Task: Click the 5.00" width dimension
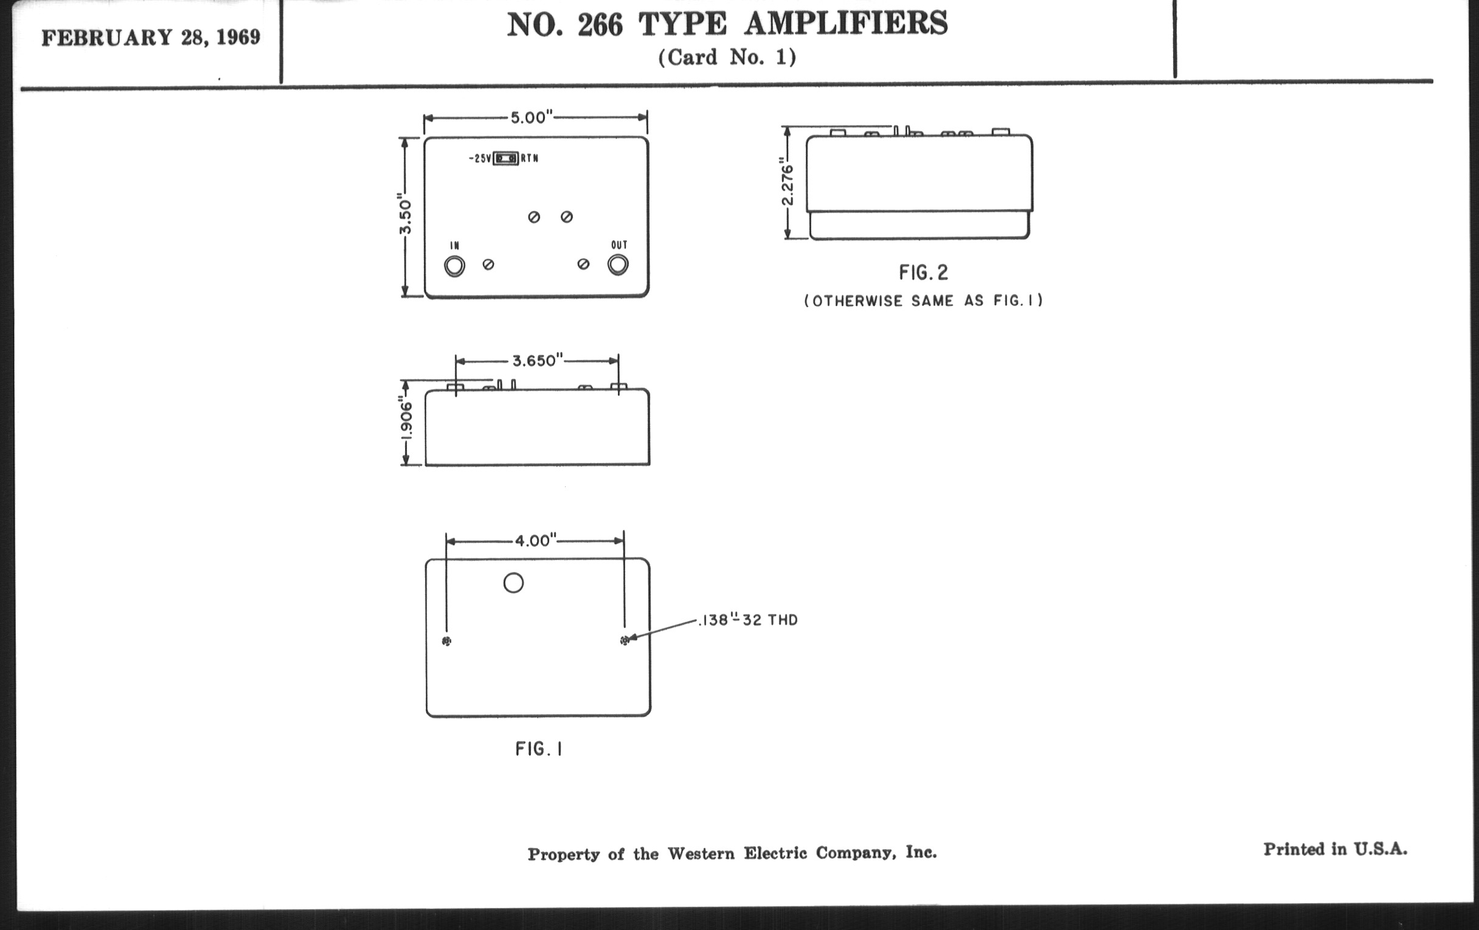[532, 117]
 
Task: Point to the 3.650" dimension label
[538, 360]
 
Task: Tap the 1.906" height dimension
[406, 422]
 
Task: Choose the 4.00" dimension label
[535, 540]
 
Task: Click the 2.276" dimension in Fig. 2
[787, 182]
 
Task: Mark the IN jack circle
[454, 266]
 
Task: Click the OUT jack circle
[618, 264]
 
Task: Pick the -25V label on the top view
[480, 159]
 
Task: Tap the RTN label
[530, 159]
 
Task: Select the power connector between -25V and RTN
[506, 159]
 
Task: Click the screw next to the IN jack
[488, 264]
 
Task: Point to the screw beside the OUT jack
[583, 264]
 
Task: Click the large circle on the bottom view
[513, 582]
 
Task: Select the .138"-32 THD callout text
[748, 620]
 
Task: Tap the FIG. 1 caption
[539, 749]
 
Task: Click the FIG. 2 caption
[923, 272]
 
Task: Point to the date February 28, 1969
[151, 38]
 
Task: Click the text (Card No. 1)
[727, 57]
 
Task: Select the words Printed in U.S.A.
[1335, 849]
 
